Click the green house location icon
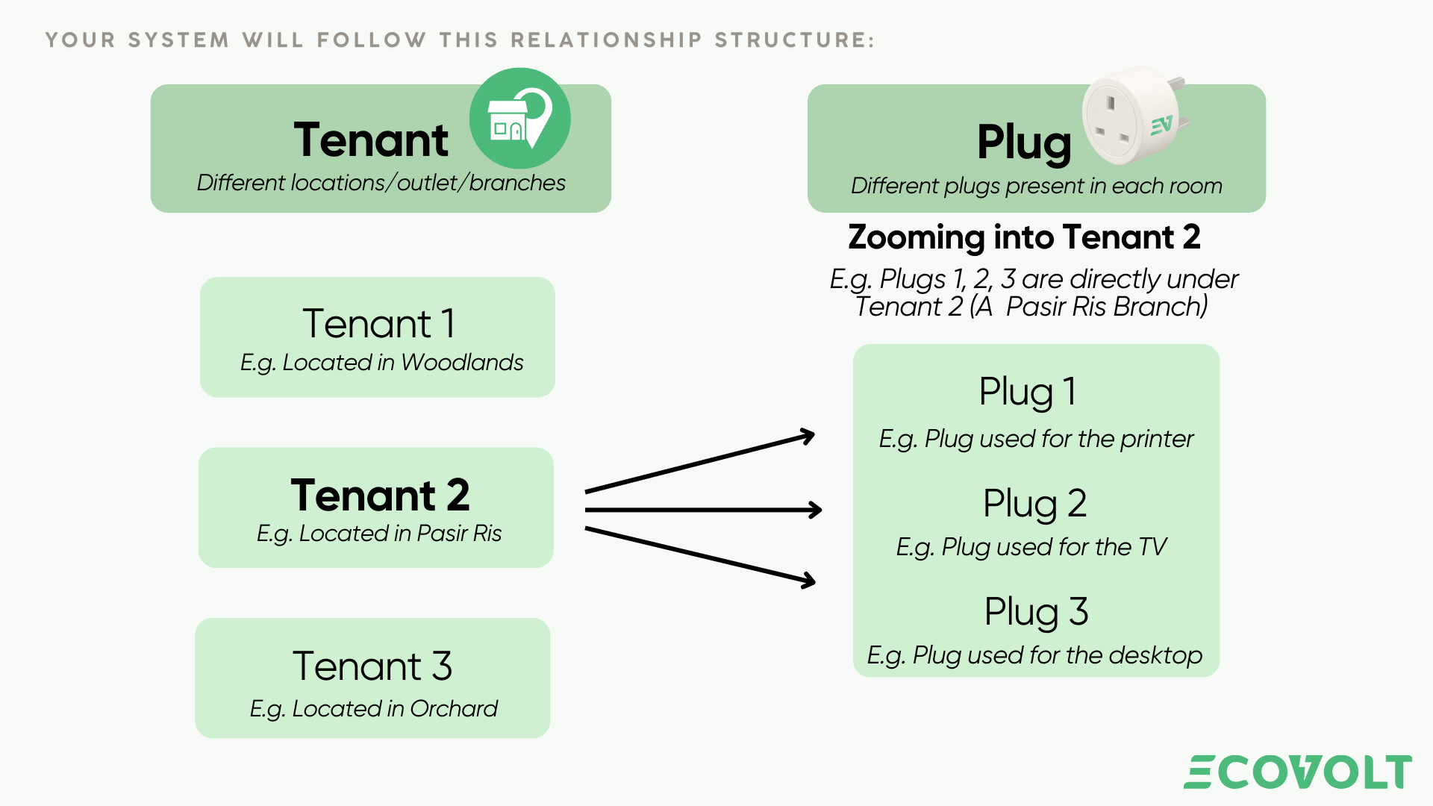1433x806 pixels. [x=519, y=119]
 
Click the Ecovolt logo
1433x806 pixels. [x=1297, y=772]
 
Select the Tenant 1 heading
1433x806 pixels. [x=378, y=324]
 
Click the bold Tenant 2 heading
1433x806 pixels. [x=380, y=495]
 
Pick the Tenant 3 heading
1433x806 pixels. [x=372, y=666]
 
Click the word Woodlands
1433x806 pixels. [x=462, y=363]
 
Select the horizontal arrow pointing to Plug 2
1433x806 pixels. [x=703, y=510]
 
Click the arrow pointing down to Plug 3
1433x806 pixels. [x=700, y=556]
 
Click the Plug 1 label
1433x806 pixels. [x=1027, y=392]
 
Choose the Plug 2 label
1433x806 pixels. [x=1034, y=503]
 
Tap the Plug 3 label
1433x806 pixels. [x=1036, y=612]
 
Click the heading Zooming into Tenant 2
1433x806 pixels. [x=1024, y=237]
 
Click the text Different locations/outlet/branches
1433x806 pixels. [x=381, y=183]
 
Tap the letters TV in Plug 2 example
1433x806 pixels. [x=1152, y=547]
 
